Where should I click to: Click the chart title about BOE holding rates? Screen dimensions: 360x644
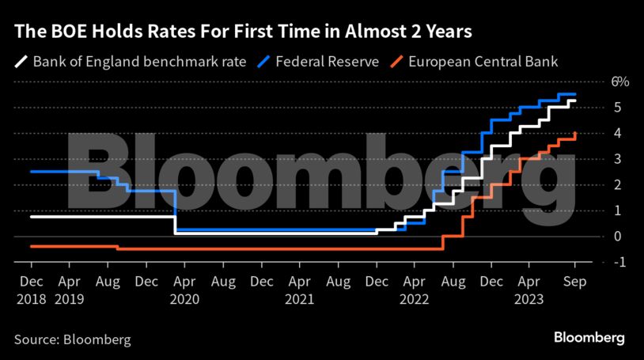pyautogui.click(x=244, y=32)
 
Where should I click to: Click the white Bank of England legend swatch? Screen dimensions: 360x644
pyautogui.click(x=21, y=61)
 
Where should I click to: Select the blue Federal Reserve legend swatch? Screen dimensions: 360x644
pyautogui.click(x=263, y=61)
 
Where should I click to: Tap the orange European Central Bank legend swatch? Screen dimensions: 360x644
pyautogui.click(x=397, y=61)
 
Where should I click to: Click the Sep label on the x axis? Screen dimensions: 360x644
pyautogui.click(x=574, y=281)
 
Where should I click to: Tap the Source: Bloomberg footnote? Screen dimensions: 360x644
pyautogui.click(x=72, y=339)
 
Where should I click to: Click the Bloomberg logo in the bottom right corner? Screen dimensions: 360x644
pyautogui.click(x=588, y=338)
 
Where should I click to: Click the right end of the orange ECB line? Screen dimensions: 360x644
pyautogui.click(x=575, y=133)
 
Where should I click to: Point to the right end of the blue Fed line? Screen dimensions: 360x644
pyautogui.click(x=575, y=94)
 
